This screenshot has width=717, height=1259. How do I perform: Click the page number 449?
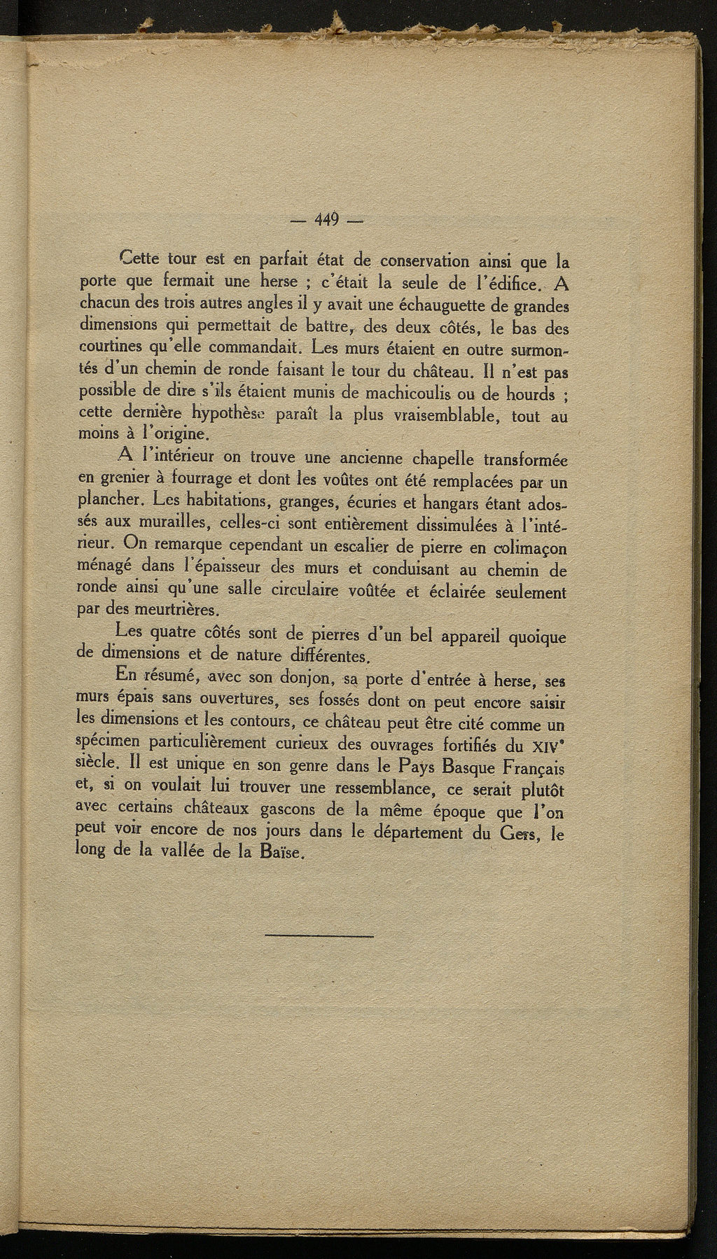(x=326, y=220)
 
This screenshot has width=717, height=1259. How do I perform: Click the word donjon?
(x=308, y=679)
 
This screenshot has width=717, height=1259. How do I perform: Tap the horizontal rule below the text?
(x=320, y=936)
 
